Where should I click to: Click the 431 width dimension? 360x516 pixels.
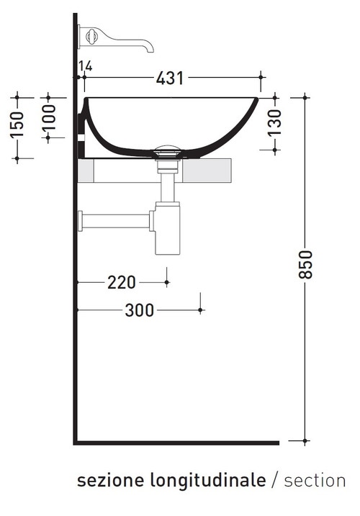click(170, 77)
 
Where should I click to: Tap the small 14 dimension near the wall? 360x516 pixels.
click(86, 67)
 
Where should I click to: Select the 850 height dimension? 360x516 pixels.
click(306, 267)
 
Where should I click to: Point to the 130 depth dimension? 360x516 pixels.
click(274, 123)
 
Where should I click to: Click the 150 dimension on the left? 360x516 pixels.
click(19, 127)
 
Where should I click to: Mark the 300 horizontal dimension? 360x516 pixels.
click(138, 310)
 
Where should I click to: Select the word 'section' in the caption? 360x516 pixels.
click(314, 481)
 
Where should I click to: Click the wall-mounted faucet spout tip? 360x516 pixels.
click(150, 49)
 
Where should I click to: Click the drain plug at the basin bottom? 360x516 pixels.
click(167, 151)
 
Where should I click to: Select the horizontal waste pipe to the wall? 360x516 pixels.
click(115, 220)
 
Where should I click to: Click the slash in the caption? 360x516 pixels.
click(274, 481)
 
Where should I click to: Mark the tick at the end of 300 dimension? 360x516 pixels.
click(201, 310)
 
